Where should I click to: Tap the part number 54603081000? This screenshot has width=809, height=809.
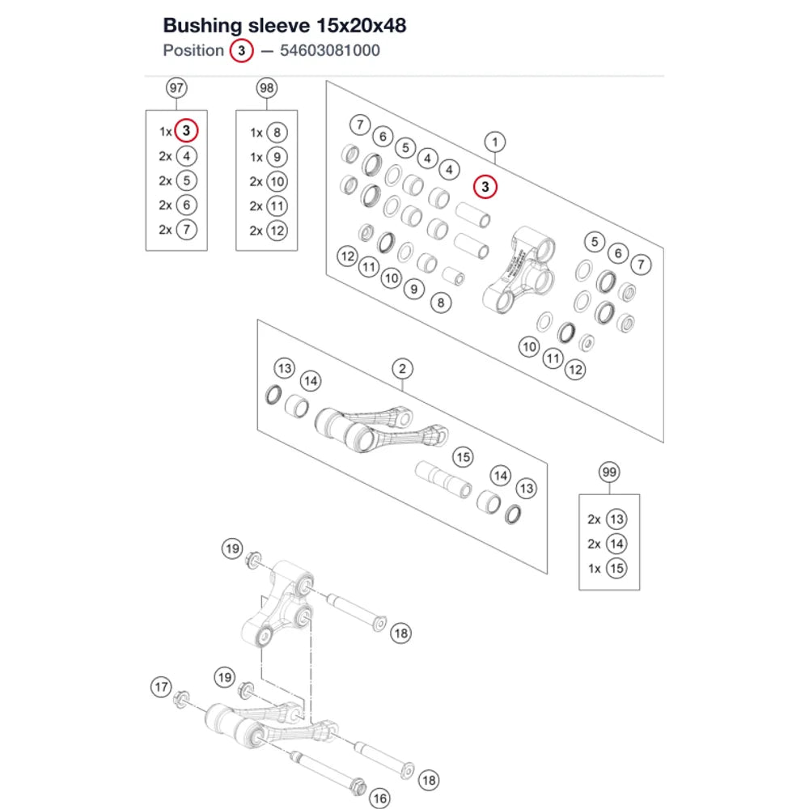point(330,50)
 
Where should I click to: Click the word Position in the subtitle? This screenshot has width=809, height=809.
point(193,50)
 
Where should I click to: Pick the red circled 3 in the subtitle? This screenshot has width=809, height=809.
point(241,50)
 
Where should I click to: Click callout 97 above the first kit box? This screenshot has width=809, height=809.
point(176,87)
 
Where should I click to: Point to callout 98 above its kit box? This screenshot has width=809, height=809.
point(267,87)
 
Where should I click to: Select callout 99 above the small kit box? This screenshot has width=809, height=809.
point(609,472)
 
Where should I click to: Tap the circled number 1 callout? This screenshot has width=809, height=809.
point(495,142)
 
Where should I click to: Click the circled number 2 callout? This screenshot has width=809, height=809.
point(402,369)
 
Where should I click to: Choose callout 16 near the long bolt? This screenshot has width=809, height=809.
point(379,798)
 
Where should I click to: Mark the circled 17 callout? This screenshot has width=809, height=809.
point(161,687)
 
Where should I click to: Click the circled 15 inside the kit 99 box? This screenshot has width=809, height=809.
point(616,568)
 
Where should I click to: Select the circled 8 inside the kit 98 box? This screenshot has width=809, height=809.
point(277,133)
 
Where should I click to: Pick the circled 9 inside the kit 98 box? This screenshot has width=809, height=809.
point(277,157)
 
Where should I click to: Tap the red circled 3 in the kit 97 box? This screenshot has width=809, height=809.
point(186,130)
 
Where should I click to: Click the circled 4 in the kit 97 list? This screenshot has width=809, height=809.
point(186,156)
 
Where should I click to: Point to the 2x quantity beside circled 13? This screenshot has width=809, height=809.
point(594,519)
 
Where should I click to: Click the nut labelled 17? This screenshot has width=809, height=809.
point(181,700)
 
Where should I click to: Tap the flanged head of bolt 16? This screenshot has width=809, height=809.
point(358,787)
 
